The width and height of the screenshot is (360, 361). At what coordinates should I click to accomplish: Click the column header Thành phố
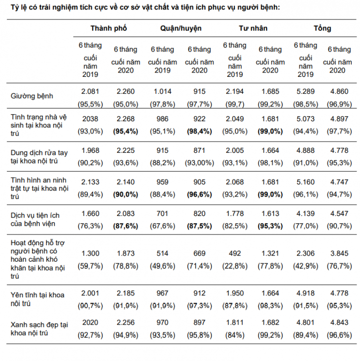[108, 28]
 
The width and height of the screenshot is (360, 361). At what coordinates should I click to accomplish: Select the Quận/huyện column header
[181, 28]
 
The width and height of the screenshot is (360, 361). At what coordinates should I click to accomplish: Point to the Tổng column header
[322, 28]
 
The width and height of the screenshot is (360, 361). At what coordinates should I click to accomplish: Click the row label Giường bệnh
[32, 96]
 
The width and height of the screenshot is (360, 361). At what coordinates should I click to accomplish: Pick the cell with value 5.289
[305, 91]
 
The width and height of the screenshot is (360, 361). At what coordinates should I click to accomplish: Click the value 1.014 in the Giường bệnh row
[162, 91]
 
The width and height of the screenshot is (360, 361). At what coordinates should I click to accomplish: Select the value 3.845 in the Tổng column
[339, 253]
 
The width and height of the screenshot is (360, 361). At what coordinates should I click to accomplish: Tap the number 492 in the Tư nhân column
[234, 253]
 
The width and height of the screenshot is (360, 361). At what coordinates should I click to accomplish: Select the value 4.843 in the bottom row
[339, 322]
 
